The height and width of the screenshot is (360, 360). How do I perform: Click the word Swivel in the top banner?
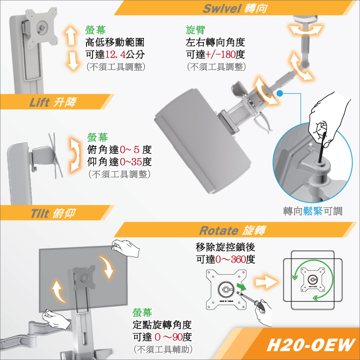tap(222, 8)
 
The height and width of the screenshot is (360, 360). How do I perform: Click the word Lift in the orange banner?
tap(39, 102)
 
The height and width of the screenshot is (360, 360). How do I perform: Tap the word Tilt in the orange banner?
tap(40, 213)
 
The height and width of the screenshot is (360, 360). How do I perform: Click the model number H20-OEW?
tap(311, 345)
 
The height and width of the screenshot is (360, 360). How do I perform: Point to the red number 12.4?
tap(115, 55)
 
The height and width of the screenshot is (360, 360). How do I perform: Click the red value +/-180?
tap(220, 55)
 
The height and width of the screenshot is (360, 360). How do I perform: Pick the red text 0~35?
tap(131, 162)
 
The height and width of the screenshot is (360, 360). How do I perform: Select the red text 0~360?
tap(230, 259)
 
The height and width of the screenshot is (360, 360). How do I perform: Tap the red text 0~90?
tap(168, 337)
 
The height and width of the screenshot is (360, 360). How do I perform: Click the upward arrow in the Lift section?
tap(71, 35)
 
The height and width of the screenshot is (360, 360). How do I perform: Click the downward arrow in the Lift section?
tap(73, 61)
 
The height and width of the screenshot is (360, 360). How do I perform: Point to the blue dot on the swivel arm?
tap(279, 94)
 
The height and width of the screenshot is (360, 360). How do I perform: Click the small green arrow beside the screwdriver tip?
tap(241, 286)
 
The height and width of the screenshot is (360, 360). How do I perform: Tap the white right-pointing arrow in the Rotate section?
tap(266, 282)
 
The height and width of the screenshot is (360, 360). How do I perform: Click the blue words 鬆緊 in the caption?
tap(313, 211)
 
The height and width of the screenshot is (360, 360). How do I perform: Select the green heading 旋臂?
tap(195, 30)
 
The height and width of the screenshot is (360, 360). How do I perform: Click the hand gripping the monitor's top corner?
tap(125, 248)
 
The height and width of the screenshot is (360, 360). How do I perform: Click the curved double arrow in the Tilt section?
tap(75, 155)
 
